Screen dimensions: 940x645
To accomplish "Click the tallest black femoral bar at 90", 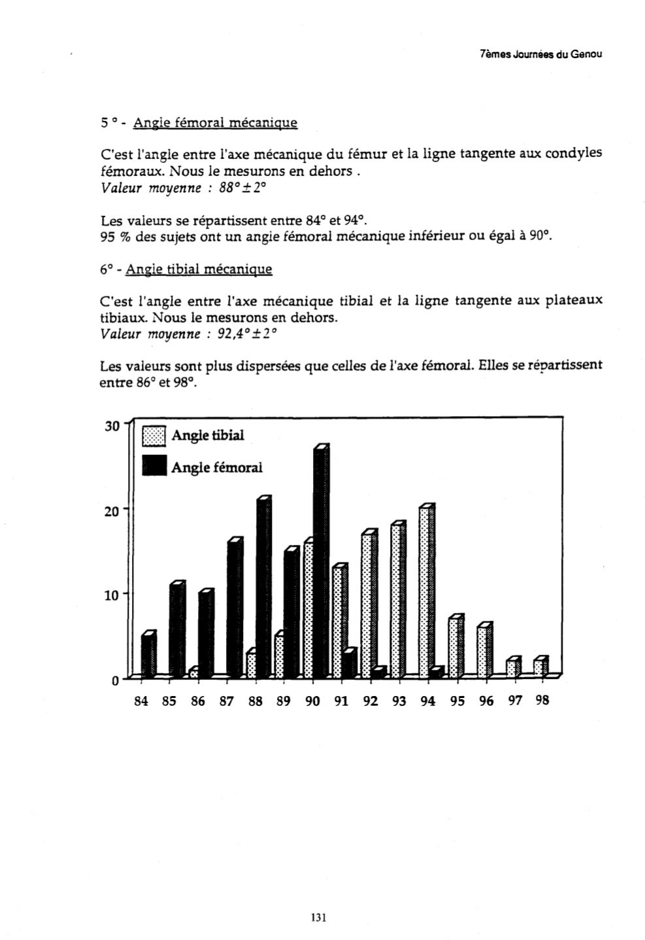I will click(x=321, y=563).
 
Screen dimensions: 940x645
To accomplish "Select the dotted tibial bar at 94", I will click(x=425, y=592).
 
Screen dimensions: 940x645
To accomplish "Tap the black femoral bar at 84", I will click(x=148, y=655).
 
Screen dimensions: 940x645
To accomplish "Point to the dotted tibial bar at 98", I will click(x=540, y=667).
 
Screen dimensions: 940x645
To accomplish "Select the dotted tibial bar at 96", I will click(x=483, y=652).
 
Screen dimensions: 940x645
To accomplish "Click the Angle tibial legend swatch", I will click(x=155, y=436).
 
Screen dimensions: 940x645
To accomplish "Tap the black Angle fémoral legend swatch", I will click(x=155, y=466).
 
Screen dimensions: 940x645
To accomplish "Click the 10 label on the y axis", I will click(x=111, y=595).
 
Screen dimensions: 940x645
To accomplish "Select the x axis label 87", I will click(x=227, y=701).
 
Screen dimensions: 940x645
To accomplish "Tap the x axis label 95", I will click(x=457, y=701).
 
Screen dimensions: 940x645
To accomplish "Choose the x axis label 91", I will click(x=342, y=701).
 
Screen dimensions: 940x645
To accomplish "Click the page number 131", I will click(x=318, y=917).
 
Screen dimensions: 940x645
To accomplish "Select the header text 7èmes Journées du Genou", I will click(x=540, y=54).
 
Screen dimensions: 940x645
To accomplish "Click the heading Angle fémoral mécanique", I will click(x=215, y=122).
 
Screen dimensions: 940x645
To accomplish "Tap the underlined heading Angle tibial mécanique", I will click(x=199, y=269).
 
